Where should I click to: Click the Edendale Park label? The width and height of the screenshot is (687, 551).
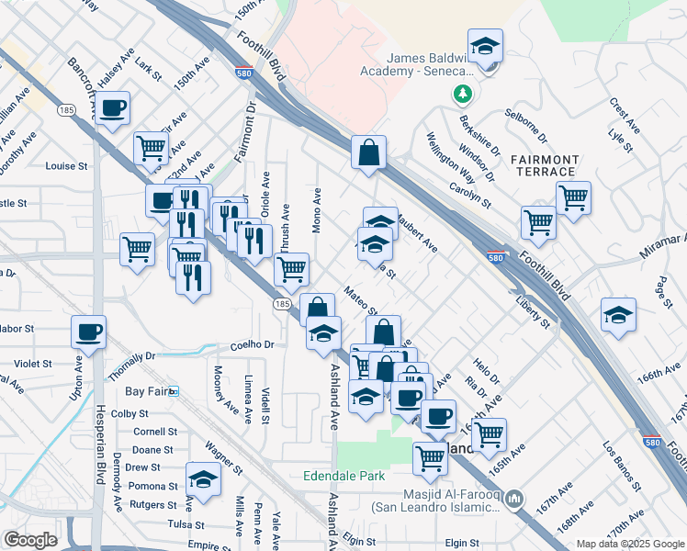click(344, 477)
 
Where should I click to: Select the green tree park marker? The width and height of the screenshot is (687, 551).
click(462, 94)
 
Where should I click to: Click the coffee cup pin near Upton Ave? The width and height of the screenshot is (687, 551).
click(88, 332)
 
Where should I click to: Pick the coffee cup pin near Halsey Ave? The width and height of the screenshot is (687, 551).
click(112, 108)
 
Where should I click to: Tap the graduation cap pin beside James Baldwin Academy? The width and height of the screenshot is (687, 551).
click(485, 46)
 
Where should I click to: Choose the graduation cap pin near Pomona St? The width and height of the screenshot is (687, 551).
click(203, 479)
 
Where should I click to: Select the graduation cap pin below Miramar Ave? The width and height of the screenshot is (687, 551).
click(619, 315)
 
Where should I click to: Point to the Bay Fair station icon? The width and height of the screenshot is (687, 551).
click(175, 391)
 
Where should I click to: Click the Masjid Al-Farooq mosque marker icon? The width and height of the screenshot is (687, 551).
click(513, 500)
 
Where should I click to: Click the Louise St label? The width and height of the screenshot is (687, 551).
click(66, 167)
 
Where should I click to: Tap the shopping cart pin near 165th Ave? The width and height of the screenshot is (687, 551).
click(489, 432)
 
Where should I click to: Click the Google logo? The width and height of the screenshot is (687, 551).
click(30, 540)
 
